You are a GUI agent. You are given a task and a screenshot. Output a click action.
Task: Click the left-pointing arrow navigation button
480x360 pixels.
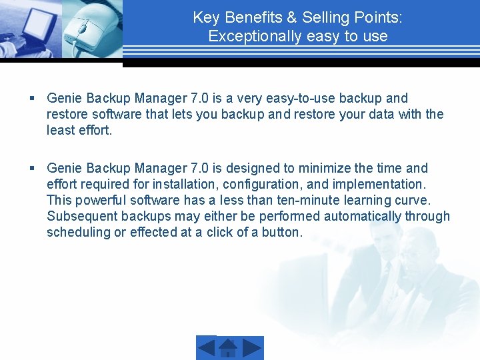pos(207,348)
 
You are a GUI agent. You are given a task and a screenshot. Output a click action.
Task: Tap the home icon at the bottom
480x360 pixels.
pos(229,348)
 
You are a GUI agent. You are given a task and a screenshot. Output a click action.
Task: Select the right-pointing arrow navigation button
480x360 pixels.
pos(252,348)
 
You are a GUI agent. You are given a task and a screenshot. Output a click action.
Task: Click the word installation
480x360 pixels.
pos(183,185)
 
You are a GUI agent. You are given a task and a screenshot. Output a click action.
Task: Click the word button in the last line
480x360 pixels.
pos(283,233)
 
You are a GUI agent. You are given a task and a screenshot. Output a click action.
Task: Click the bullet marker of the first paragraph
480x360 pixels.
pos(32,99)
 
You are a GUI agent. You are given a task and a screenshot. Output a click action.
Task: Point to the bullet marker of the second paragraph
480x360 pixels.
pos(32,169)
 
